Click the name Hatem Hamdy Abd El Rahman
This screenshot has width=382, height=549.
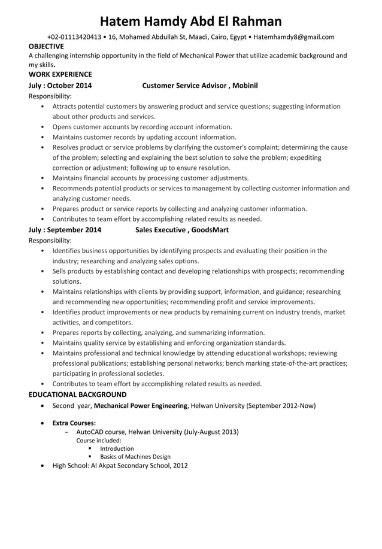[x=190, y=22]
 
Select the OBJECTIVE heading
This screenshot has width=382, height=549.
[x=46, y=46]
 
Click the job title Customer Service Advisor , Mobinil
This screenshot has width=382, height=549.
[x=199, y=86]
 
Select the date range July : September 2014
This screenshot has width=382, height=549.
[x=65, y=229]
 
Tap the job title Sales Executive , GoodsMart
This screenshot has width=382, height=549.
[x=181, y=229]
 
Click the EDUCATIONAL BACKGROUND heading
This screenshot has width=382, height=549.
[x=77, y=395]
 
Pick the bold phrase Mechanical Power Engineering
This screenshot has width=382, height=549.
[x=141, y=405]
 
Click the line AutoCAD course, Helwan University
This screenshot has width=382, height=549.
[x=157, y=432]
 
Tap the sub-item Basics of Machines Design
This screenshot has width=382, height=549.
[x=135, y=456]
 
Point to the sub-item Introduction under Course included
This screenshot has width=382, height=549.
[x=117, y=448]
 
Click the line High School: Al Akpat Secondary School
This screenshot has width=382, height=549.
[x=120, y=465]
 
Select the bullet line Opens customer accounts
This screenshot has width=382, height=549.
[x=142, y=127]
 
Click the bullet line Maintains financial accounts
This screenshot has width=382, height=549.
[x=150, y=178]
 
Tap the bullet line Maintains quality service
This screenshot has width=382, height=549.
[x=169, y=343]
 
